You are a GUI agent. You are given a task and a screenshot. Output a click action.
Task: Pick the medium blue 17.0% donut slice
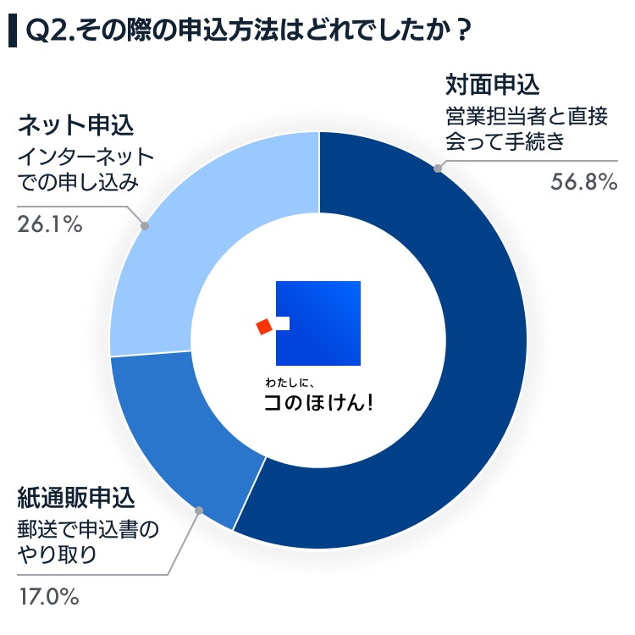(x=186, y=432)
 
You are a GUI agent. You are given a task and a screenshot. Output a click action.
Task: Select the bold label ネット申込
(x=76, y=127)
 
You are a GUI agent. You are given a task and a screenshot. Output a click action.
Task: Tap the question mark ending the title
(x=462, y=31)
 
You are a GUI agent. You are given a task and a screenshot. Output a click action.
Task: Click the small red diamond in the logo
(x=263, y=325)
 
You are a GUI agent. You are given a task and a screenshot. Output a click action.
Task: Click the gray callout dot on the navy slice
(x=437, y=168)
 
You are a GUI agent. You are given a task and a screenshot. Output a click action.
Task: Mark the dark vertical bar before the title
(x=12, y=31)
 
